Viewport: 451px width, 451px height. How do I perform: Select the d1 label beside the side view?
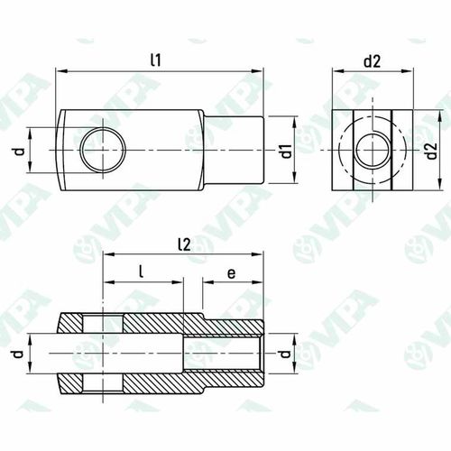point(285,151)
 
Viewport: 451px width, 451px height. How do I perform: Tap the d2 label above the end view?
point(372,60)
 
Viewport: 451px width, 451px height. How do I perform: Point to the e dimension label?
point(232,271)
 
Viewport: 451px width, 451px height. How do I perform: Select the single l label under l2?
point(143,271)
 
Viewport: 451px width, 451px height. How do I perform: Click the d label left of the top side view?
point(19,150)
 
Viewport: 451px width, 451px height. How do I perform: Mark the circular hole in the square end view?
point(371,149)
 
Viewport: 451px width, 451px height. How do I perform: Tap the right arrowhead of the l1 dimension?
point(262,70)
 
